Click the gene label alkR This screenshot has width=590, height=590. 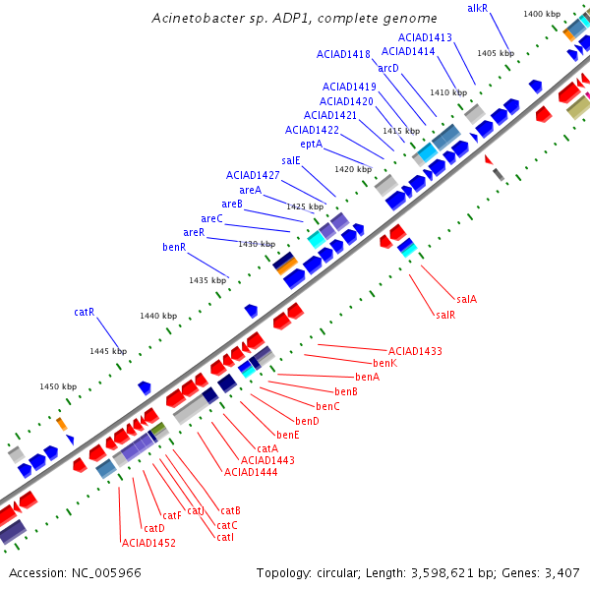click(477, 8)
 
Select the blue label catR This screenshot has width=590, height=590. click(84, 312)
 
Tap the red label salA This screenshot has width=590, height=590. click(466, 299)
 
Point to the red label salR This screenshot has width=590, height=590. click(444, 315)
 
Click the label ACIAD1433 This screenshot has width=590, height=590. click(415, 351)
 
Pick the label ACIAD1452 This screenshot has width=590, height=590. click(147, 543)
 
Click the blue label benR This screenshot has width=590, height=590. click(174, 247)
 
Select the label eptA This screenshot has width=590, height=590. click(312, 144)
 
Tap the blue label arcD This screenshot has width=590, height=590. click(388, 68)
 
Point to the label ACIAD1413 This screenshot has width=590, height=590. click(425, 37)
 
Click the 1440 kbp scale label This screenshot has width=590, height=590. click(158, 316)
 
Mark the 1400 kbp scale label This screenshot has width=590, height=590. click(542, 14)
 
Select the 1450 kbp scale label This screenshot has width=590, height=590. click(58, 386)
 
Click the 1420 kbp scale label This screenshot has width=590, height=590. click(353, 169)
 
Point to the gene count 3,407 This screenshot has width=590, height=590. click(563, 572)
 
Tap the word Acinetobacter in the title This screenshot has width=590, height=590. click(199, 19)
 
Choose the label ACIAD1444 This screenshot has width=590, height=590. click(251, 472)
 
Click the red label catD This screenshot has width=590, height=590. click(153, 529)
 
